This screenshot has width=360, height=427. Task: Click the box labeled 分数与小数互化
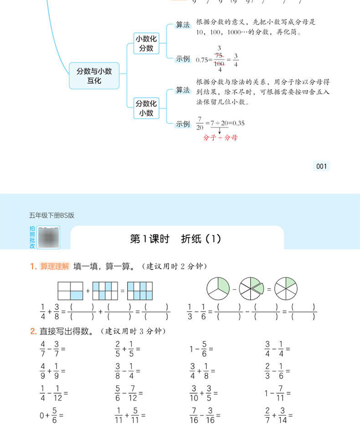click(94, 76)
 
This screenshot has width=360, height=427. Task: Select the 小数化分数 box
click(146, 43)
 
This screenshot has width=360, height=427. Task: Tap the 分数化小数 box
click(146, 108)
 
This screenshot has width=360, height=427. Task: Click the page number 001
click(322, 167)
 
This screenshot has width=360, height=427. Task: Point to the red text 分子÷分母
click(220, 137)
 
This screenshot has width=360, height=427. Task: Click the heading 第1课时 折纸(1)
click(175, 239)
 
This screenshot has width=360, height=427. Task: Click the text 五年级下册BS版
click(51, 215)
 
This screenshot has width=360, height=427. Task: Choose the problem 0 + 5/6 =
click(51, 415)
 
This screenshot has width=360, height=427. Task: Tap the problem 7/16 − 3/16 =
click(204, 415)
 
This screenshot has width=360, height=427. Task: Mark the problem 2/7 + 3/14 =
click(278, 415)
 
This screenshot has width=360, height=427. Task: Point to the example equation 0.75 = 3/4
click(217, 59)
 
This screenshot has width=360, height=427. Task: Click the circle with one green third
click(217, 289)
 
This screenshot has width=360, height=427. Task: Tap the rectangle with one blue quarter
click(70, 290)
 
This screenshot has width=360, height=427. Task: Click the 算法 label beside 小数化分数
click(183, 25)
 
